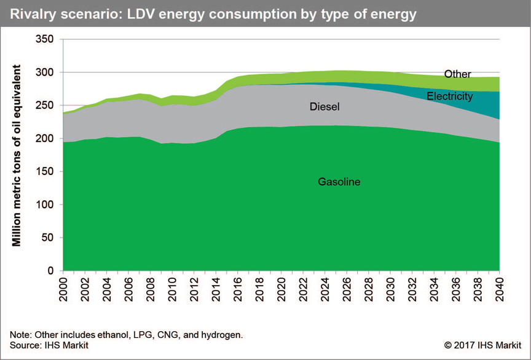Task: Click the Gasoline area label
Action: (339, 182)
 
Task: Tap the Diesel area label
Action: (324, 107)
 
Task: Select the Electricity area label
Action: (450, 96)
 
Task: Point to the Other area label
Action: (457, 74)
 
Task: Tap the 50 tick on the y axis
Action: (49, 238)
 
